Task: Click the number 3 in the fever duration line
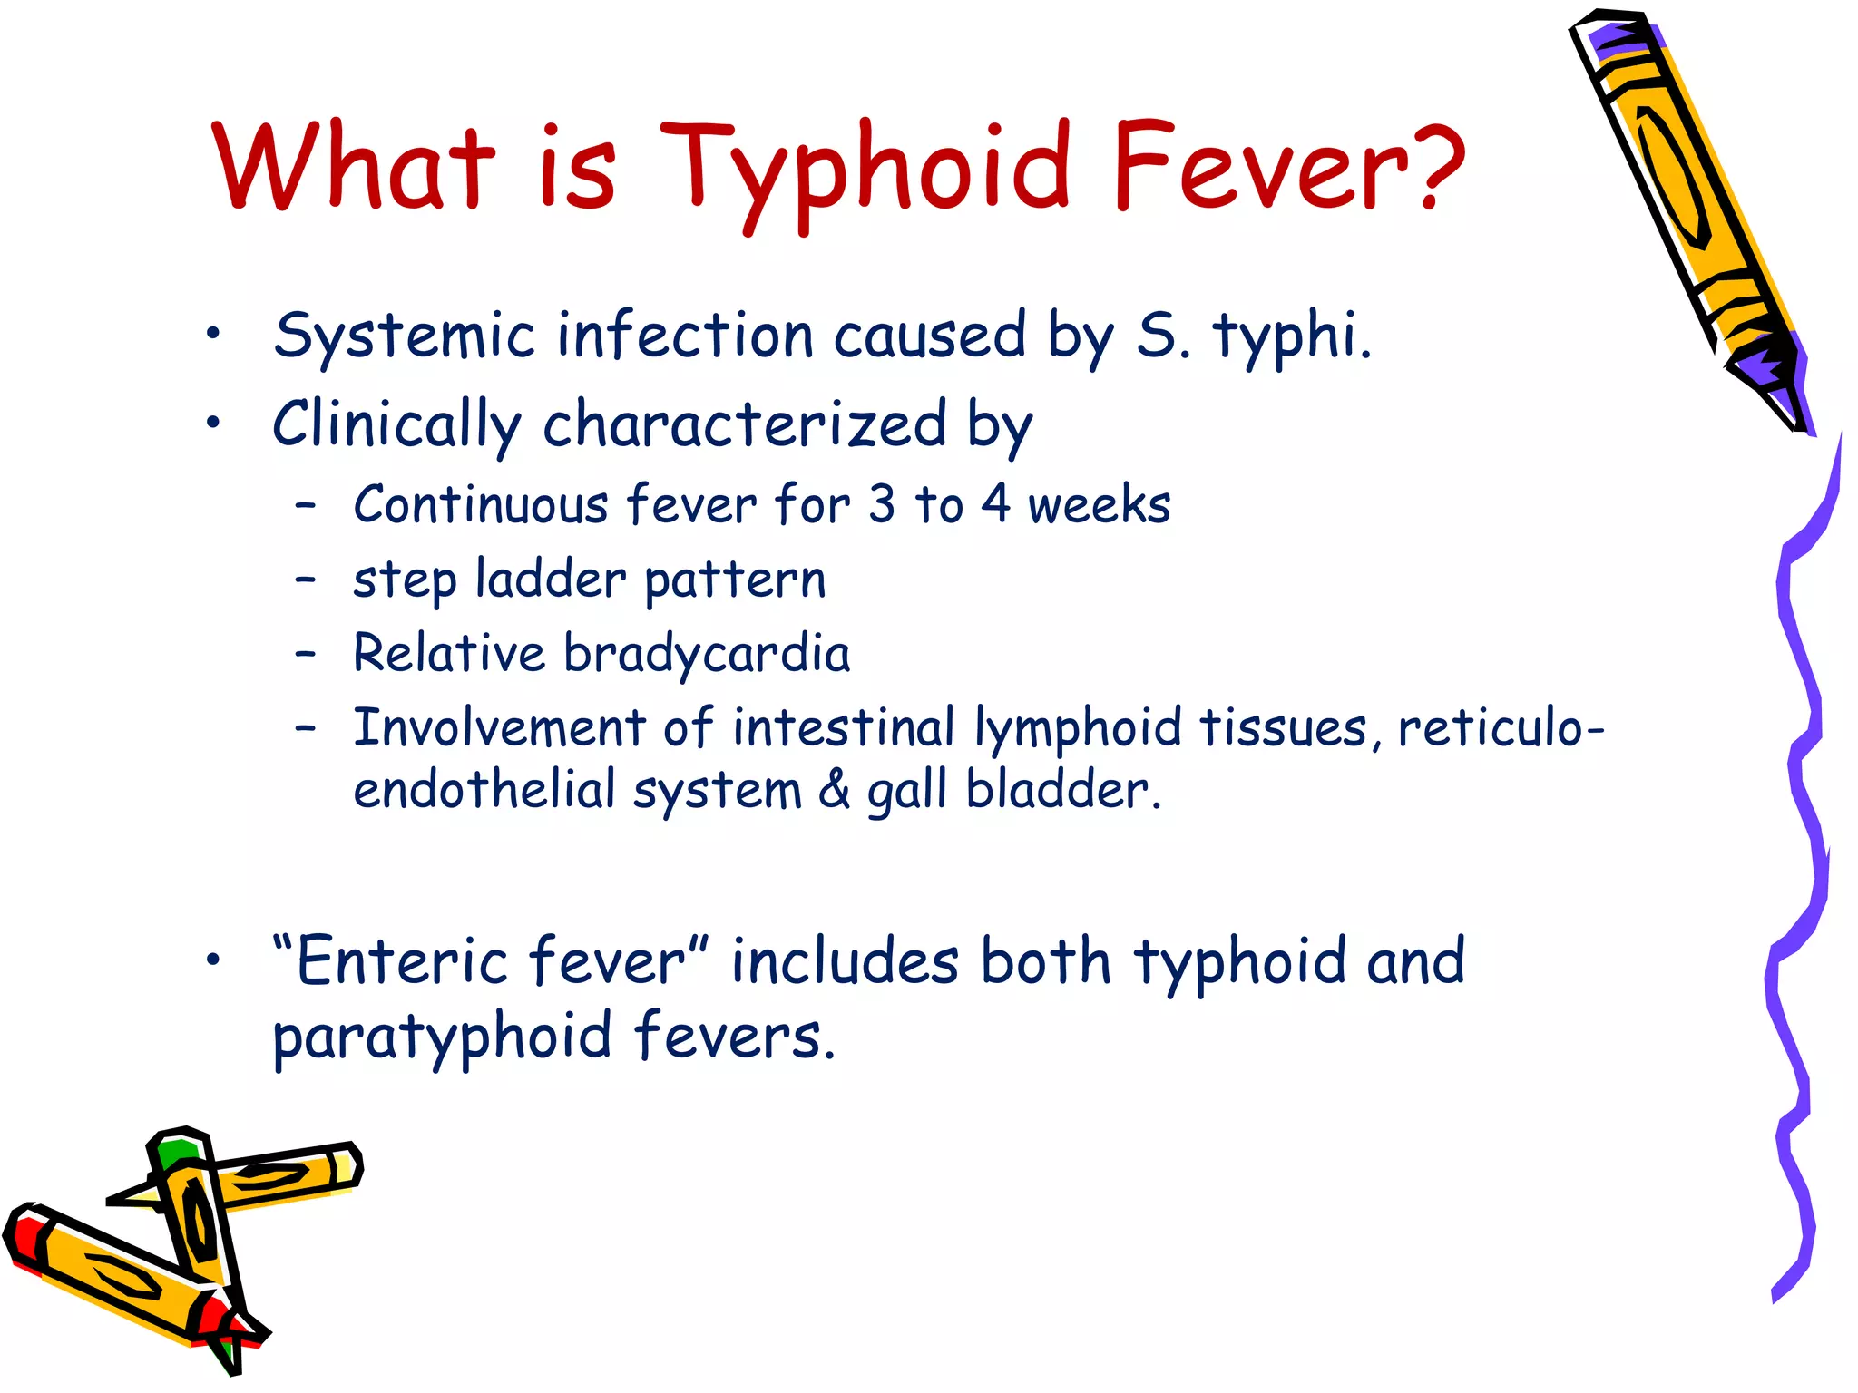tap(881, 504)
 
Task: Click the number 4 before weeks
tap(995, 504)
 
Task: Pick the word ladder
tap(550, 580)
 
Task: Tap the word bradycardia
tap(707, 655)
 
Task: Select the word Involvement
tap(499, 728)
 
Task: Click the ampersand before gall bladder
tap(834, 789)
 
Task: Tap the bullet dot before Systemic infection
tap(212, 334)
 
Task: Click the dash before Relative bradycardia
tap(307, 653)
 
